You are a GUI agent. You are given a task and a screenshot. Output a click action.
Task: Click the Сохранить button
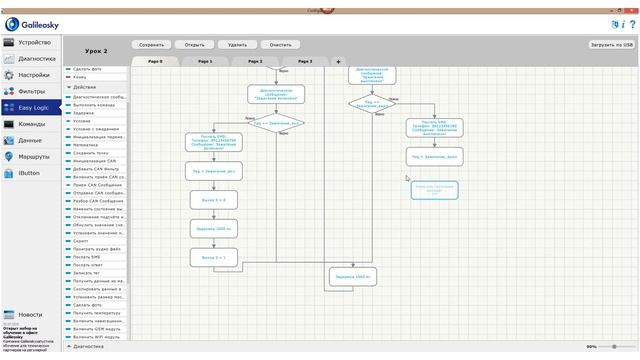tap(151, 45)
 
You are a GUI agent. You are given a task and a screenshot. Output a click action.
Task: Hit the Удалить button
tap(237, 45)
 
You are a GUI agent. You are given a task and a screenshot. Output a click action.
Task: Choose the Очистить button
tap(280, 45)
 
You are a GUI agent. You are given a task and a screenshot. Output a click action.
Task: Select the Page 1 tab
tap(205, 61)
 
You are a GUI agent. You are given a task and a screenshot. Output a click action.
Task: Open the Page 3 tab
tap(304, 61)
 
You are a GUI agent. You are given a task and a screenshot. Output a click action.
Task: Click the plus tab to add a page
tap(338, 61)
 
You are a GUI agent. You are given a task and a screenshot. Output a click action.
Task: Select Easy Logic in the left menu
tap(33, 107)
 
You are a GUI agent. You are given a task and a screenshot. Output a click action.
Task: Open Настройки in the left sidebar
tap(33, 75)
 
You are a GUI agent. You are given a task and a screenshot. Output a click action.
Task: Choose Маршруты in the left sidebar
tap(33, 157)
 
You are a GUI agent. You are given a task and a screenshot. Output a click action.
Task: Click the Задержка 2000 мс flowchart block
tap(213, 229)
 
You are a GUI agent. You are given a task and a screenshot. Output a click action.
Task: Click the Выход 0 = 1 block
tap(213, 257)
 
